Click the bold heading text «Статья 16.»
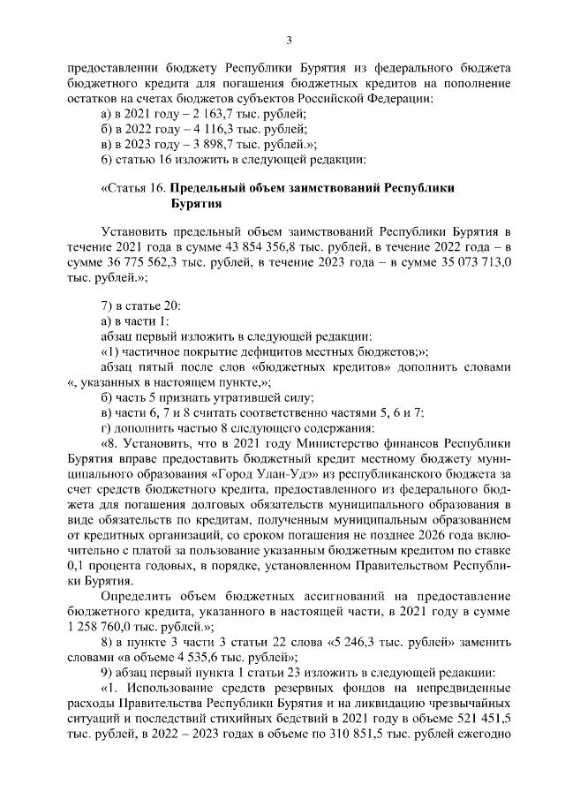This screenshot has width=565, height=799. tap(134, 188)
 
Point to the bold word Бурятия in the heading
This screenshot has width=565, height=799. tap(195, 203)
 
